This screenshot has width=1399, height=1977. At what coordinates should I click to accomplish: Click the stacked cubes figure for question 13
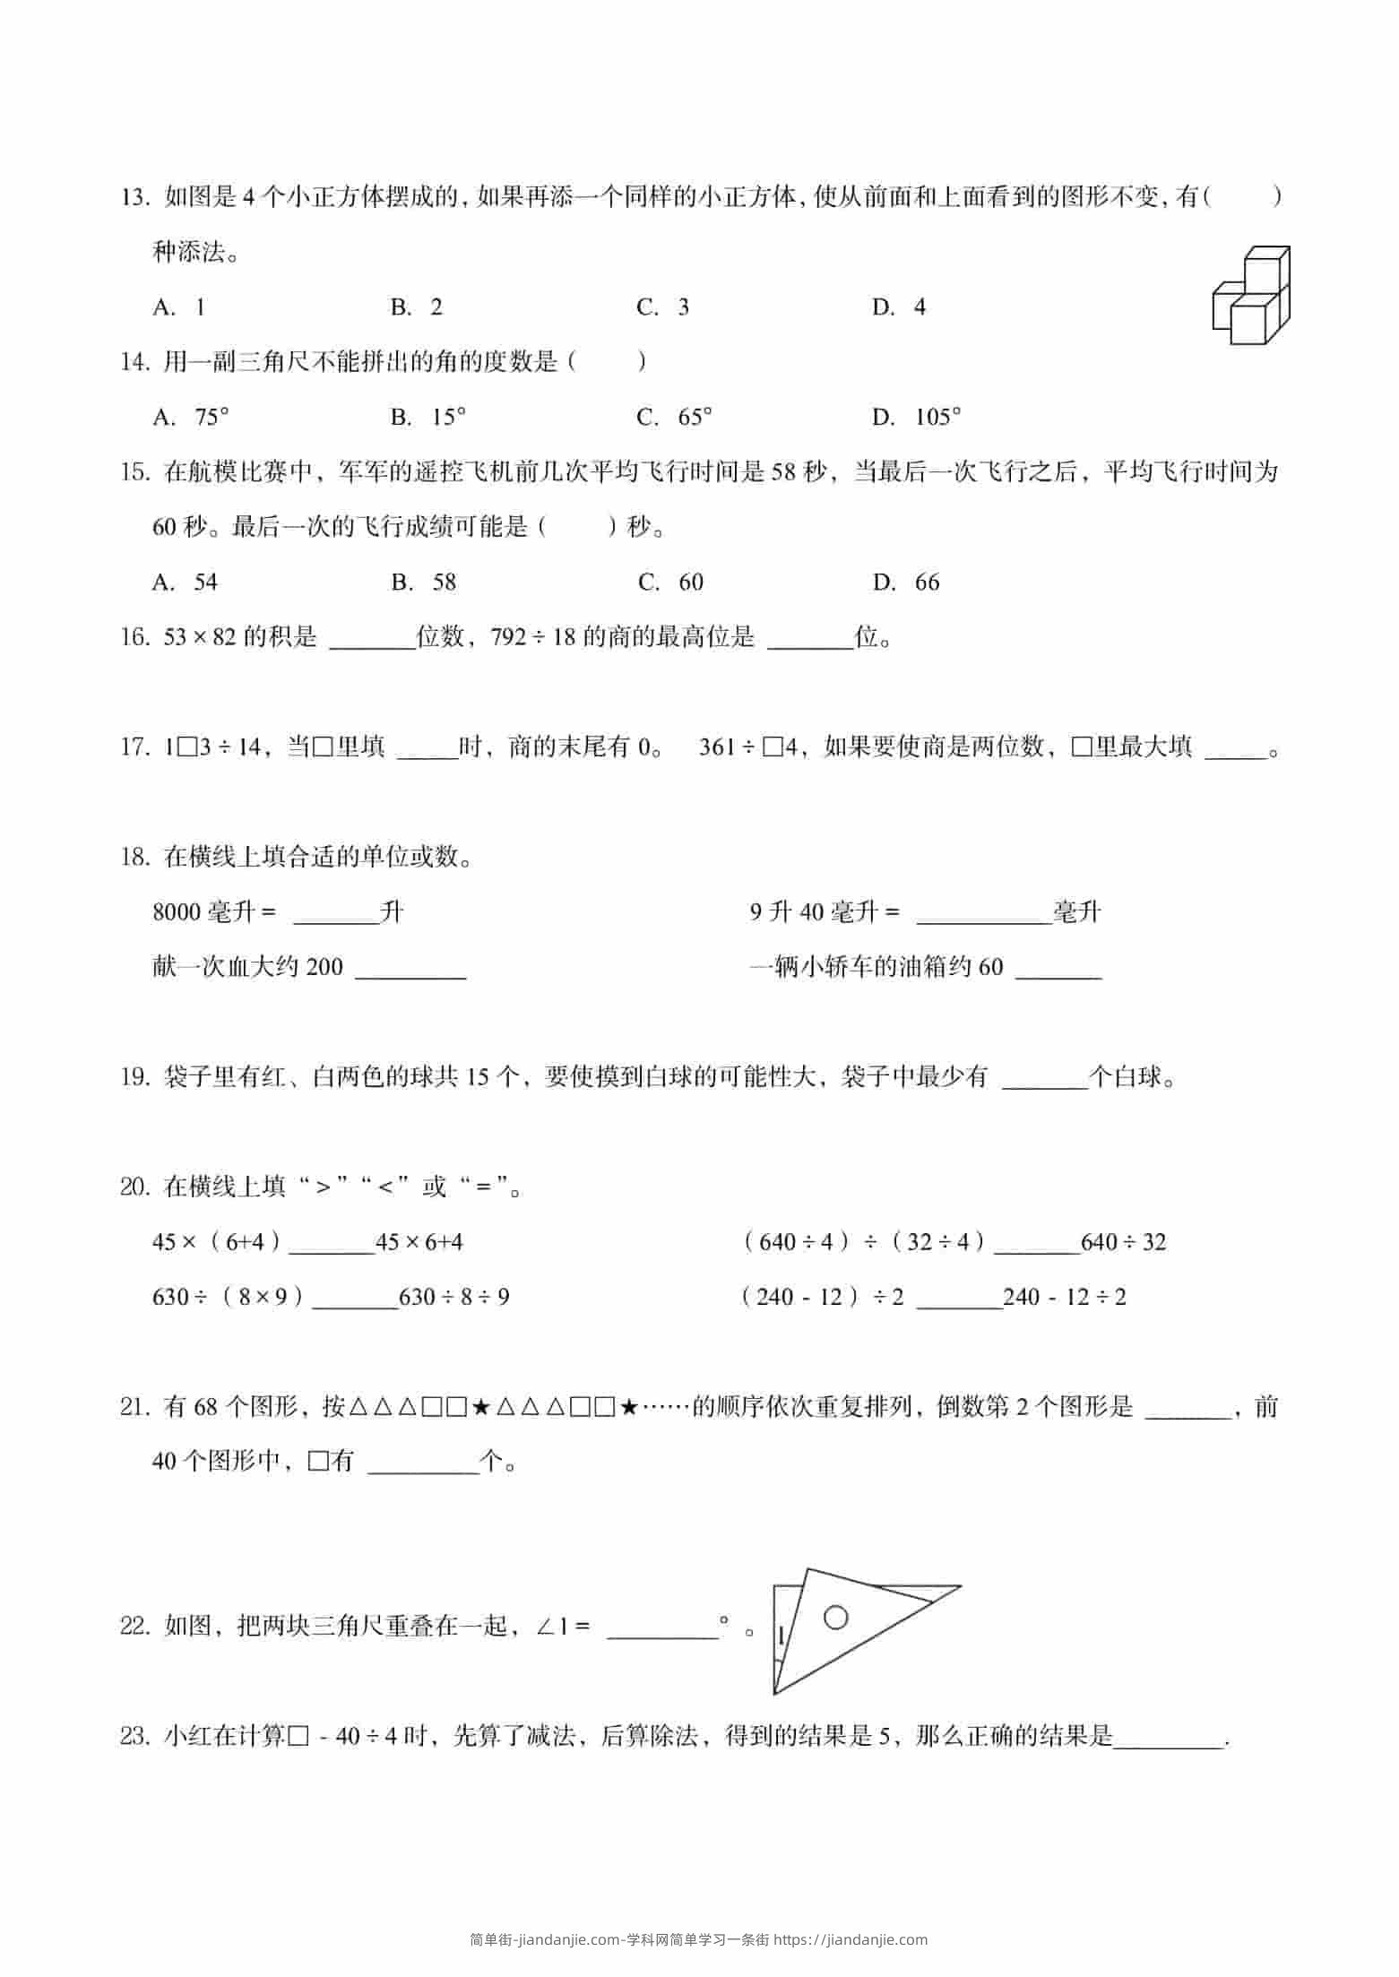tap(1251, 296)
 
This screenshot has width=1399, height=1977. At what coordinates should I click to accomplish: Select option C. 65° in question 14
tap(674, 417)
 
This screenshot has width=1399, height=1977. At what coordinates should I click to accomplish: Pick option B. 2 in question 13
tap(417, 307)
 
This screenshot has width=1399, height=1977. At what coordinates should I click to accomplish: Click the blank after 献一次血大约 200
tap(410, 969)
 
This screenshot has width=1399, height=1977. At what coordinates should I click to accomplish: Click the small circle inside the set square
tap(835, 1618)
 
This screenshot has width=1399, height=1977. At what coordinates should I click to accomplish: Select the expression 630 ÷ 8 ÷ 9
tap(454, 1297)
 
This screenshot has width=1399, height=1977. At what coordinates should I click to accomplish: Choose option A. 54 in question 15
tap(186, 583)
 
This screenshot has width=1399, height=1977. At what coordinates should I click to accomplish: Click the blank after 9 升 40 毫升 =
tap(984, 914)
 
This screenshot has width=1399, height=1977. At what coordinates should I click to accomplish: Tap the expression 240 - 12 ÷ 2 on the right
tap(1065, 1297)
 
